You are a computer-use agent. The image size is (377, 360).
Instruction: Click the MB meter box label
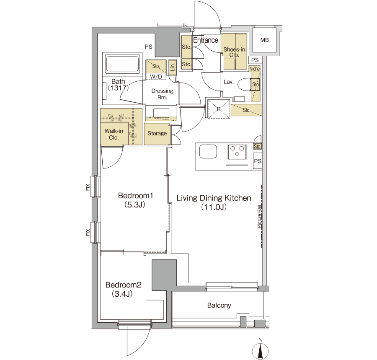click(264, 40)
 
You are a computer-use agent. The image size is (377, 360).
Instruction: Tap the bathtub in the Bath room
click(123, 64)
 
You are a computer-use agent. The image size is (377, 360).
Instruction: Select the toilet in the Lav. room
click(245, 84)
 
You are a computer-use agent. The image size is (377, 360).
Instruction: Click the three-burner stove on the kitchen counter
click(237, 152)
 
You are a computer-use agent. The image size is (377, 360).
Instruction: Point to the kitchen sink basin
click(208, 152)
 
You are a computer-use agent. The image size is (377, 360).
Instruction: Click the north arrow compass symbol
click(260, 351)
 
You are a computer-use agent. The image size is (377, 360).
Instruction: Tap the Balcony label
click(219, 305)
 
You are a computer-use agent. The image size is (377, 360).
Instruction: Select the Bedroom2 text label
click(123, 285)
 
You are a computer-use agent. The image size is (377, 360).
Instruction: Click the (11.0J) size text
click(214, 207)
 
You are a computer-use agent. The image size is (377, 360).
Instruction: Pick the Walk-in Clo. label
click(114, 134)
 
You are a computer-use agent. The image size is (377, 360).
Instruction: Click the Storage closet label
click(157, 133)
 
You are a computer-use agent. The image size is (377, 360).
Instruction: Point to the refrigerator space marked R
click(219, 109)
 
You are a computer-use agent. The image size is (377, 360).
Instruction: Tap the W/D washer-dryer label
click(156, 76)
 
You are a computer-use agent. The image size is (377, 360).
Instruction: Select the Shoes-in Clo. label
click(234, 52)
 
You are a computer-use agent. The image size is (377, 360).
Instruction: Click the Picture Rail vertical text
click(259, 216)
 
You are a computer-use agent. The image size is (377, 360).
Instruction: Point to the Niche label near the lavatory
click(254, 69)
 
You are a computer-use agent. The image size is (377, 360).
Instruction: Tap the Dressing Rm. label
click(162, 94)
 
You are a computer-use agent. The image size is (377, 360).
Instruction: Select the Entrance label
click(206, 40)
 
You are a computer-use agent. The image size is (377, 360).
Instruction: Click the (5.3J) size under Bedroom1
click(134, 205)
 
